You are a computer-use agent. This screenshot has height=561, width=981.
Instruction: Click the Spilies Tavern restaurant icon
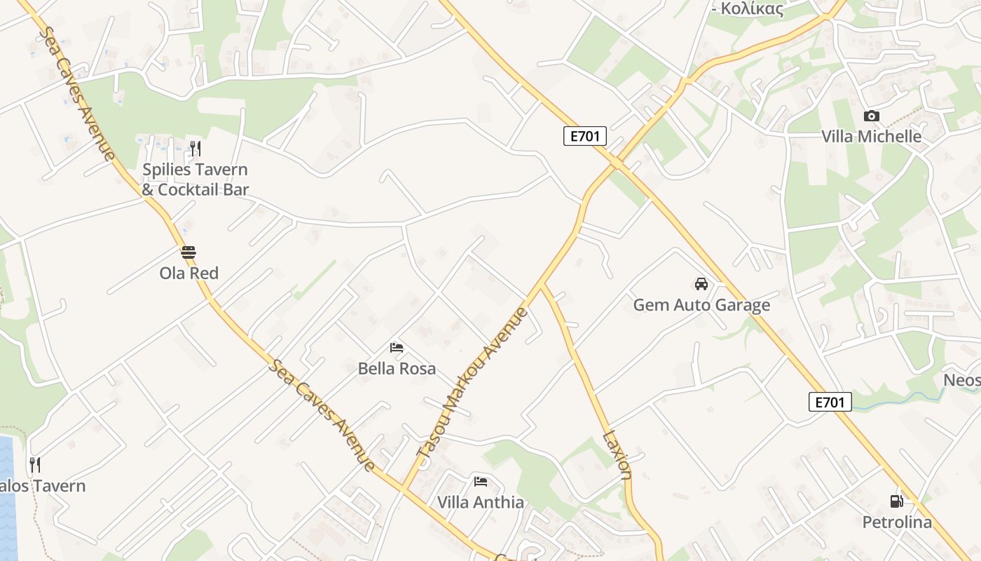[x=195, y=148]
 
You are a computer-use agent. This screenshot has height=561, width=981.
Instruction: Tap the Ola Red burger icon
[x=188, y=252]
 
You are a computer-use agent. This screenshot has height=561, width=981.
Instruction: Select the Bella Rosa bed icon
[x=397, y=347]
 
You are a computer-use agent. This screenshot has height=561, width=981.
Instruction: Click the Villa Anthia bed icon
[x=481, y=481]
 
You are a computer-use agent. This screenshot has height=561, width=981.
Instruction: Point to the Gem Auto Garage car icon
[x=701, y=284]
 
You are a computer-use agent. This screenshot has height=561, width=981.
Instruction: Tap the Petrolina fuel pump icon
[x=896, y=501]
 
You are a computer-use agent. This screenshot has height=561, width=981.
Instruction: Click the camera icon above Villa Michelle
[x=871, y=116]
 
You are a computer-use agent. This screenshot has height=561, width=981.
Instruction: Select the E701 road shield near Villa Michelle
[x=584, y=136]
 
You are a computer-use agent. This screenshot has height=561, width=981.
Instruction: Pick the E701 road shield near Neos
[x=830, y=402]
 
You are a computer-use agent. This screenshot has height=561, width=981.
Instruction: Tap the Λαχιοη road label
[x=617, y=454]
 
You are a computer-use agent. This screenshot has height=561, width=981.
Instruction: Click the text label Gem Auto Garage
[x=701, y=305]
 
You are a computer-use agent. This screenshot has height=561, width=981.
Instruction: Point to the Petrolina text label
[x=897, y=522]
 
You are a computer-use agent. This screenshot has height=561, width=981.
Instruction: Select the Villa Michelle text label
[x=871, y=136]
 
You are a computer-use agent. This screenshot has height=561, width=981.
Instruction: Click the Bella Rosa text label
[x=397, y=368]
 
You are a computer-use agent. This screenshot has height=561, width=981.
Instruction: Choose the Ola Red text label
[x=188, y=273]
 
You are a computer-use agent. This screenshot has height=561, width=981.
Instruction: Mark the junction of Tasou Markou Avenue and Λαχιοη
[x=542, y=284]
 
